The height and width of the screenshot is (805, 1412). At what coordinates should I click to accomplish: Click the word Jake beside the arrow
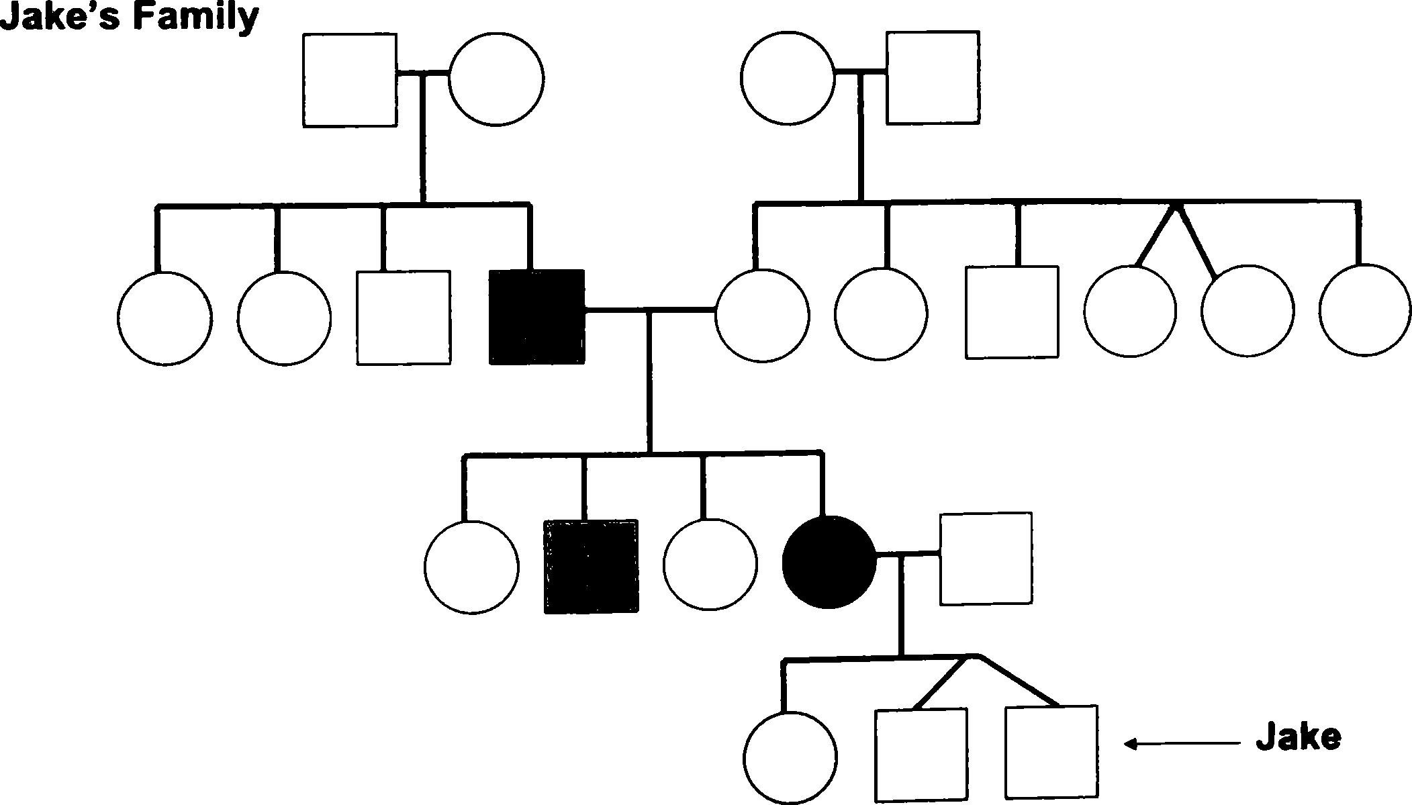[1299, 738]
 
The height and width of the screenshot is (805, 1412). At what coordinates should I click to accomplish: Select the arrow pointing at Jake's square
[1182, 743]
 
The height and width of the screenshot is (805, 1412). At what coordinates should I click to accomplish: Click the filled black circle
[830, 563]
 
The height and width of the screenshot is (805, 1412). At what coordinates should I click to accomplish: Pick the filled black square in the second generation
[536, 317]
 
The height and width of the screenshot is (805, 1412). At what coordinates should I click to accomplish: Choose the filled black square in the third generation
[591, 567]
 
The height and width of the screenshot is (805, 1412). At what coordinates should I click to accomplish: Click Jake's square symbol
[1051, 753]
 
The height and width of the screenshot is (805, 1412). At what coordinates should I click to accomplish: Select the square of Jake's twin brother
[921, 755]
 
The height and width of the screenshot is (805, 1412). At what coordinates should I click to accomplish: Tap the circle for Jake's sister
[790, 756]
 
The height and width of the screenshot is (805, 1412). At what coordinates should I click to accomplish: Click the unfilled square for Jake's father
[986, 559]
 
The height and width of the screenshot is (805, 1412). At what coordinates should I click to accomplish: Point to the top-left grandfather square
[349, 80]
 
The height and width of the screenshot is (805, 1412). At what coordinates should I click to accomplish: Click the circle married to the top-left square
[496, 79]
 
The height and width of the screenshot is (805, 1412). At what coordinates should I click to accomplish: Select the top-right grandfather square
[933, 77]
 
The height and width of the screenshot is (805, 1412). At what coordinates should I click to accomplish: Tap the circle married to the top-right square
[788, 77]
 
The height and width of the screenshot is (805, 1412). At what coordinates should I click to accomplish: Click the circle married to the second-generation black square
[762, 316]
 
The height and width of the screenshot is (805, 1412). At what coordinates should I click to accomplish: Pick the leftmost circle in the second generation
[164, 318]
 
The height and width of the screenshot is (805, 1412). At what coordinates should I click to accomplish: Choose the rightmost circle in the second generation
[1365, 310]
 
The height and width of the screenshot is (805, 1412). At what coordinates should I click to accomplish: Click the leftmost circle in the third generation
[471, 567]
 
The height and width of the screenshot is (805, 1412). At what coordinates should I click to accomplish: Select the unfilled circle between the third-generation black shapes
[710, 565]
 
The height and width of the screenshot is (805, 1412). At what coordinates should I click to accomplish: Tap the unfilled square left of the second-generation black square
[404, 318]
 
